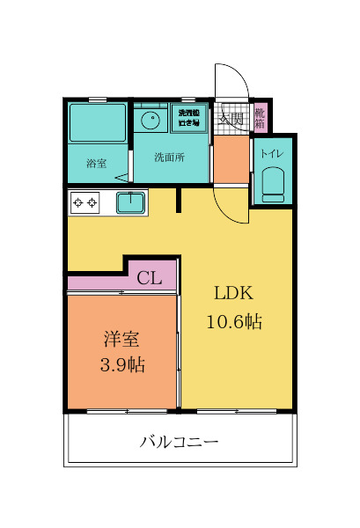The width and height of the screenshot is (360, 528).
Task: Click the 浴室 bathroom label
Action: click(x=96, y=163)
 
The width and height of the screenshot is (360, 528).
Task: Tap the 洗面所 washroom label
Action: click(x=169, y=158)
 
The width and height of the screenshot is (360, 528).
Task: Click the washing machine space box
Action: click(x=189, y=118)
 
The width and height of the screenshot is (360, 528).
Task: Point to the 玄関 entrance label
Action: click(x=231, y=117)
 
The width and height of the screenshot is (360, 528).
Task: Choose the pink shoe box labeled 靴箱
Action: click(x=260, y=118)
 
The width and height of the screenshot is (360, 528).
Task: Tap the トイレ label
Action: click(x=271, y=154)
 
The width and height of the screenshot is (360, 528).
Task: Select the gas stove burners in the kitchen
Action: click(x=85, y=202)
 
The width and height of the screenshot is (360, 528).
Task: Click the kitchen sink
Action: click(x=133, y=202)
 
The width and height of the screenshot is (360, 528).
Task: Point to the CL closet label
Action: click(x=149, y=279)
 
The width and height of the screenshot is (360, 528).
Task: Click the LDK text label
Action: click(x=233, y=294)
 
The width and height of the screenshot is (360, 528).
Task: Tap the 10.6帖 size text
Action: click(x=233, y=322)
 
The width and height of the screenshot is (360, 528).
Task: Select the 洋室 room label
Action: click(x=122, y=339)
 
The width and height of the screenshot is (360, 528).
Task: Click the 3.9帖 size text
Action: click(x=122, y=364)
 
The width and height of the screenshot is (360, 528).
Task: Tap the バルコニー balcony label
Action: click(x=179, y=441)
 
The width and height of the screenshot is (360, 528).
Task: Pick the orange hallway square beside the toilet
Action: click(x=232, y=159)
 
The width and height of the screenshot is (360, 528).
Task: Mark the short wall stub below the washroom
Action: click(x=179, y=201)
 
